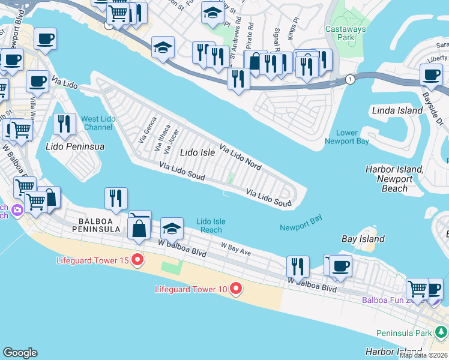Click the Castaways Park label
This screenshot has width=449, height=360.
pyautogui.click(x=340, y=32)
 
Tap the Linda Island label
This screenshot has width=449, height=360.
pyautogui.click(x=397, y=111)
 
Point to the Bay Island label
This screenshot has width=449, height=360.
pyautogui.click(x=363, y=239)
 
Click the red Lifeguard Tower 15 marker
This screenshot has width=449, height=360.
pyautogui.click(x=137, y=260)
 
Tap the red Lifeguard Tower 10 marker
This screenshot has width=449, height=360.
pyautogui.click(x=235, y=289)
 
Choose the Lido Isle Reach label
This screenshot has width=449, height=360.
pyautogui.click(x=211, y=226)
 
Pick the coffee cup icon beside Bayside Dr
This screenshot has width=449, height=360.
pyautogui.click(x=430, y=74)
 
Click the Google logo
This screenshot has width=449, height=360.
pyautogui.click(x=20, y=352)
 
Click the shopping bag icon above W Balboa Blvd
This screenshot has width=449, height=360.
pyautogui.click(x=139, y=229)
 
